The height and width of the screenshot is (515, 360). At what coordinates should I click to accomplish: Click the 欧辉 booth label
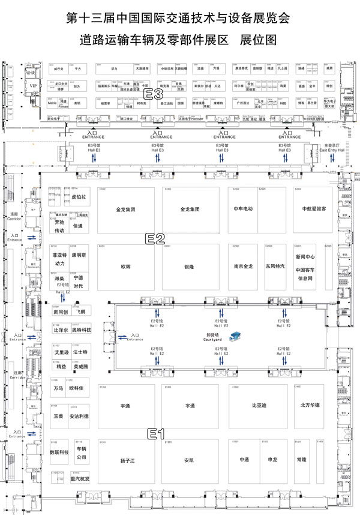click(x=125, y=265)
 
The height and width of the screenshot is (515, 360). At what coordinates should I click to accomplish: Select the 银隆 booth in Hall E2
click(x=189, y=265)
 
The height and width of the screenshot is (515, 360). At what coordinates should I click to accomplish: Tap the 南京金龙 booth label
click(x=243, y=265)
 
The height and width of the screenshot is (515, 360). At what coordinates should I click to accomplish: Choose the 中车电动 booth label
click(x=243, y=209)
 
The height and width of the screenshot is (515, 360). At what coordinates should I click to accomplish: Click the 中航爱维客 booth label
click(x=314, y=209)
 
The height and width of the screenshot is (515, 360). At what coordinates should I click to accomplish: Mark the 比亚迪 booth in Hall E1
click(x=259, y=406)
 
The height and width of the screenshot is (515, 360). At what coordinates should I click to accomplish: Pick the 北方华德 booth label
click(x=310, y=406)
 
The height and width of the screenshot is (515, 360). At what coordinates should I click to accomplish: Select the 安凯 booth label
click(x=190, y=460)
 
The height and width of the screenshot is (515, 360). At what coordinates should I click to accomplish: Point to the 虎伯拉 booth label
click(x=79, y=196)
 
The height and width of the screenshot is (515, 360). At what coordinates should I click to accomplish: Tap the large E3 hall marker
click(x=154, y=94)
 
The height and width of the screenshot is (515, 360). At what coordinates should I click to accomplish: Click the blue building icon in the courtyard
click(x=238, y=334)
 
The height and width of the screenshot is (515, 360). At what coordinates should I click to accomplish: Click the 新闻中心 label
click(x=305, y=257)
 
